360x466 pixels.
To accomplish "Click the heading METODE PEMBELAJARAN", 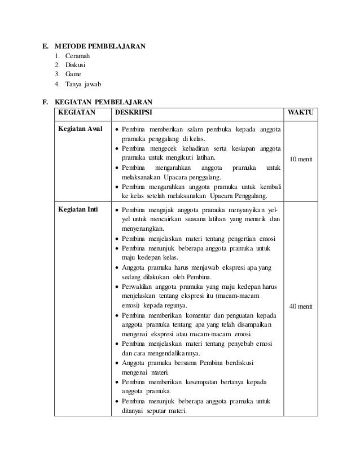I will pyautogui.click(x=100, y=46).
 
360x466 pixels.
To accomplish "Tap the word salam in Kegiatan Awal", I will pyautogui.click(x=185, y=129).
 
